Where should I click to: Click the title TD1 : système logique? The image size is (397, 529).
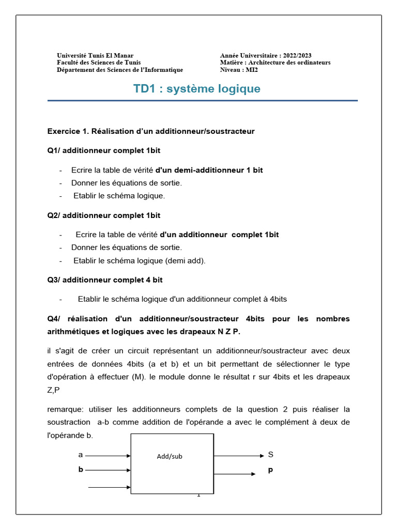point(197,89)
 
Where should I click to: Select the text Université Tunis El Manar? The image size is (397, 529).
point(95,55)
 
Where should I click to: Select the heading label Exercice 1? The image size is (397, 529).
point(68,131)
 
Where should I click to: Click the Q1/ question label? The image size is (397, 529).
point(53,150)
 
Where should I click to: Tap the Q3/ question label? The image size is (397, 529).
point(53,279)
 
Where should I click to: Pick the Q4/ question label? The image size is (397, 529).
point(53,318)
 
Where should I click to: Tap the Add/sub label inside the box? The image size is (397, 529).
point(170,457)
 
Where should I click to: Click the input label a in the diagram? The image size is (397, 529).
point(80,455)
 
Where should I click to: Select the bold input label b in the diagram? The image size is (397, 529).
point(81,470)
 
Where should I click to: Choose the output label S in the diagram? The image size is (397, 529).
point(270,455)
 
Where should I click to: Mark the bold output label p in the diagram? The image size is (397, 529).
point(270,470)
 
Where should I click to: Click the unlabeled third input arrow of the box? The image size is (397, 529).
point(109,487)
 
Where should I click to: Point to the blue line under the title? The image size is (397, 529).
point(202,101)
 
